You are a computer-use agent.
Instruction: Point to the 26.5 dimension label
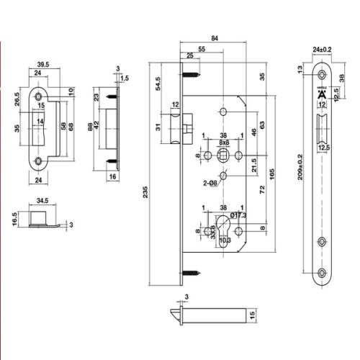click(x=15, y=97)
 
